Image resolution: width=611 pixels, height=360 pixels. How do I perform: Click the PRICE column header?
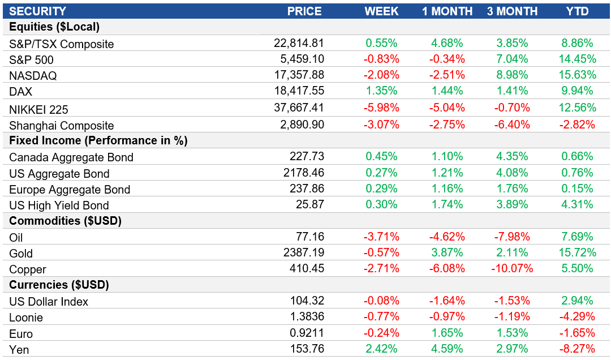304,11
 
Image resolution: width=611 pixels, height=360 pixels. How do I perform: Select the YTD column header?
577,11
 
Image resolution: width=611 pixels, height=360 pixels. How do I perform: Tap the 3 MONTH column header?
512,11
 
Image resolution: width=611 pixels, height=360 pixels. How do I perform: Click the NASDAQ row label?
33,75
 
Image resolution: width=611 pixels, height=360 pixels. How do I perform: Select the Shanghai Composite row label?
62,126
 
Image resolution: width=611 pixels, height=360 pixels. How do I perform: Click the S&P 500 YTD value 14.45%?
577,59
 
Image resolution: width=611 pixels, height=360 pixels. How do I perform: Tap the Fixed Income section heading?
98,140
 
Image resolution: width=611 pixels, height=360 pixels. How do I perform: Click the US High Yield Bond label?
59,205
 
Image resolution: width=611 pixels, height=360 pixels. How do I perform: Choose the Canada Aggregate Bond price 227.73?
305,157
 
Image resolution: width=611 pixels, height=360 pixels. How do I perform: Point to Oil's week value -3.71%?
382,237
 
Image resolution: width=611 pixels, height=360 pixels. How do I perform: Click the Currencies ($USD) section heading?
59,285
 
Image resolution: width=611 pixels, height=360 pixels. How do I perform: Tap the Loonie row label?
26,318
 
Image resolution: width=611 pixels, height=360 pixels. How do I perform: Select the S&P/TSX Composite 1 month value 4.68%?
446,43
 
